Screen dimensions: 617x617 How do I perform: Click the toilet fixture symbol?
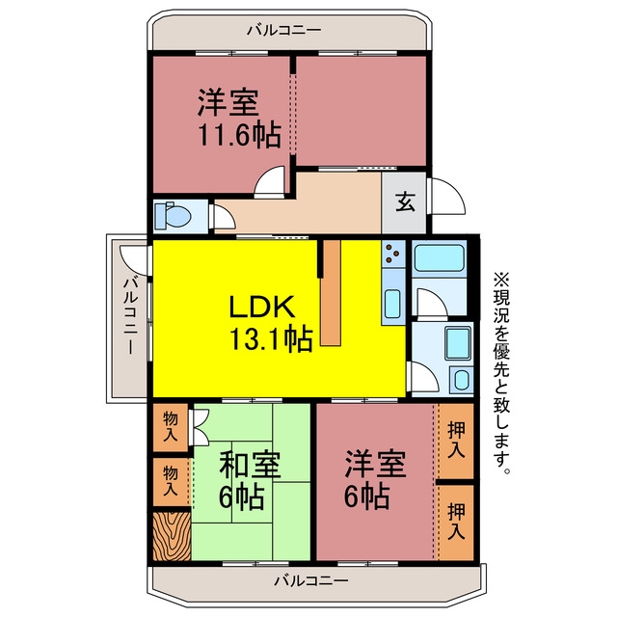(x=173, y=216)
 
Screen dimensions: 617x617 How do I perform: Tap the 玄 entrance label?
(x=405, y=202)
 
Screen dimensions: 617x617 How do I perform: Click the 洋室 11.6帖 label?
(x=238, y=119)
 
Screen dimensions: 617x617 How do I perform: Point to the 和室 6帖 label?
(x=249, y=480)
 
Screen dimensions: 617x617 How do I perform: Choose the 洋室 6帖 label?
(x=374, y=480)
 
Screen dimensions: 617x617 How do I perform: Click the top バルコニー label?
(x=284, y=30)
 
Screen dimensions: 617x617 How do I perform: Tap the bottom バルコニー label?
(x=310, y=580)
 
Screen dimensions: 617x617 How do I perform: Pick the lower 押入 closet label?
(x=456, y=521)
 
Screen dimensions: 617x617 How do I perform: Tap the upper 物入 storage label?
(x=171, y=426)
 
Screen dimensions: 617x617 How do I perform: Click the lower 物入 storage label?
(x=171, y=480)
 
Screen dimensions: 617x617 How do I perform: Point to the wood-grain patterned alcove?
(x=172, y=536)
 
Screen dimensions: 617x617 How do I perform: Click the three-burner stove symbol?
(x=393, y=254)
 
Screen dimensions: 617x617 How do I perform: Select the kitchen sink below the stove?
(x=393, y=304)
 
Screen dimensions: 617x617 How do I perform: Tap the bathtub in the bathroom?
(x=440, y=258)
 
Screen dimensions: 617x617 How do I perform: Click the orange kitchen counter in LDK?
(x=331, y=293)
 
